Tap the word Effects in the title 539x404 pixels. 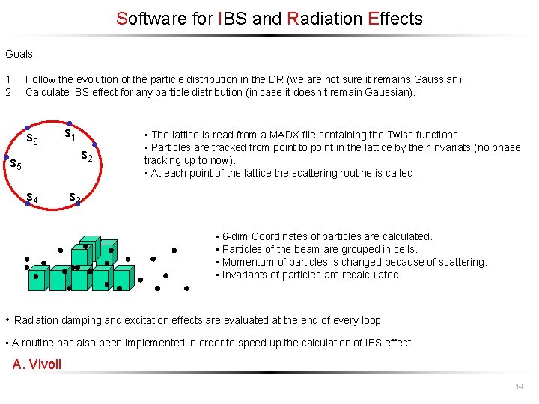tap(395, 19)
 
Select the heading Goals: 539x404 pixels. tap(20, 54)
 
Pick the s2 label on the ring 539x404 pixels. tap(86, 157)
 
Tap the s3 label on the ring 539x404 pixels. tap(74, 198)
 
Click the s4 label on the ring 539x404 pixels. tap(32, 198)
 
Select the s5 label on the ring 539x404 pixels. tap(14, 164)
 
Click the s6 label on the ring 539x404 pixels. tap(32, 139)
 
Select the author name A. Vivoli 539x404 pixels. tap(37, 364)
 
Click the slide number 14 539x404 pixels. tap(519, 386)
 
